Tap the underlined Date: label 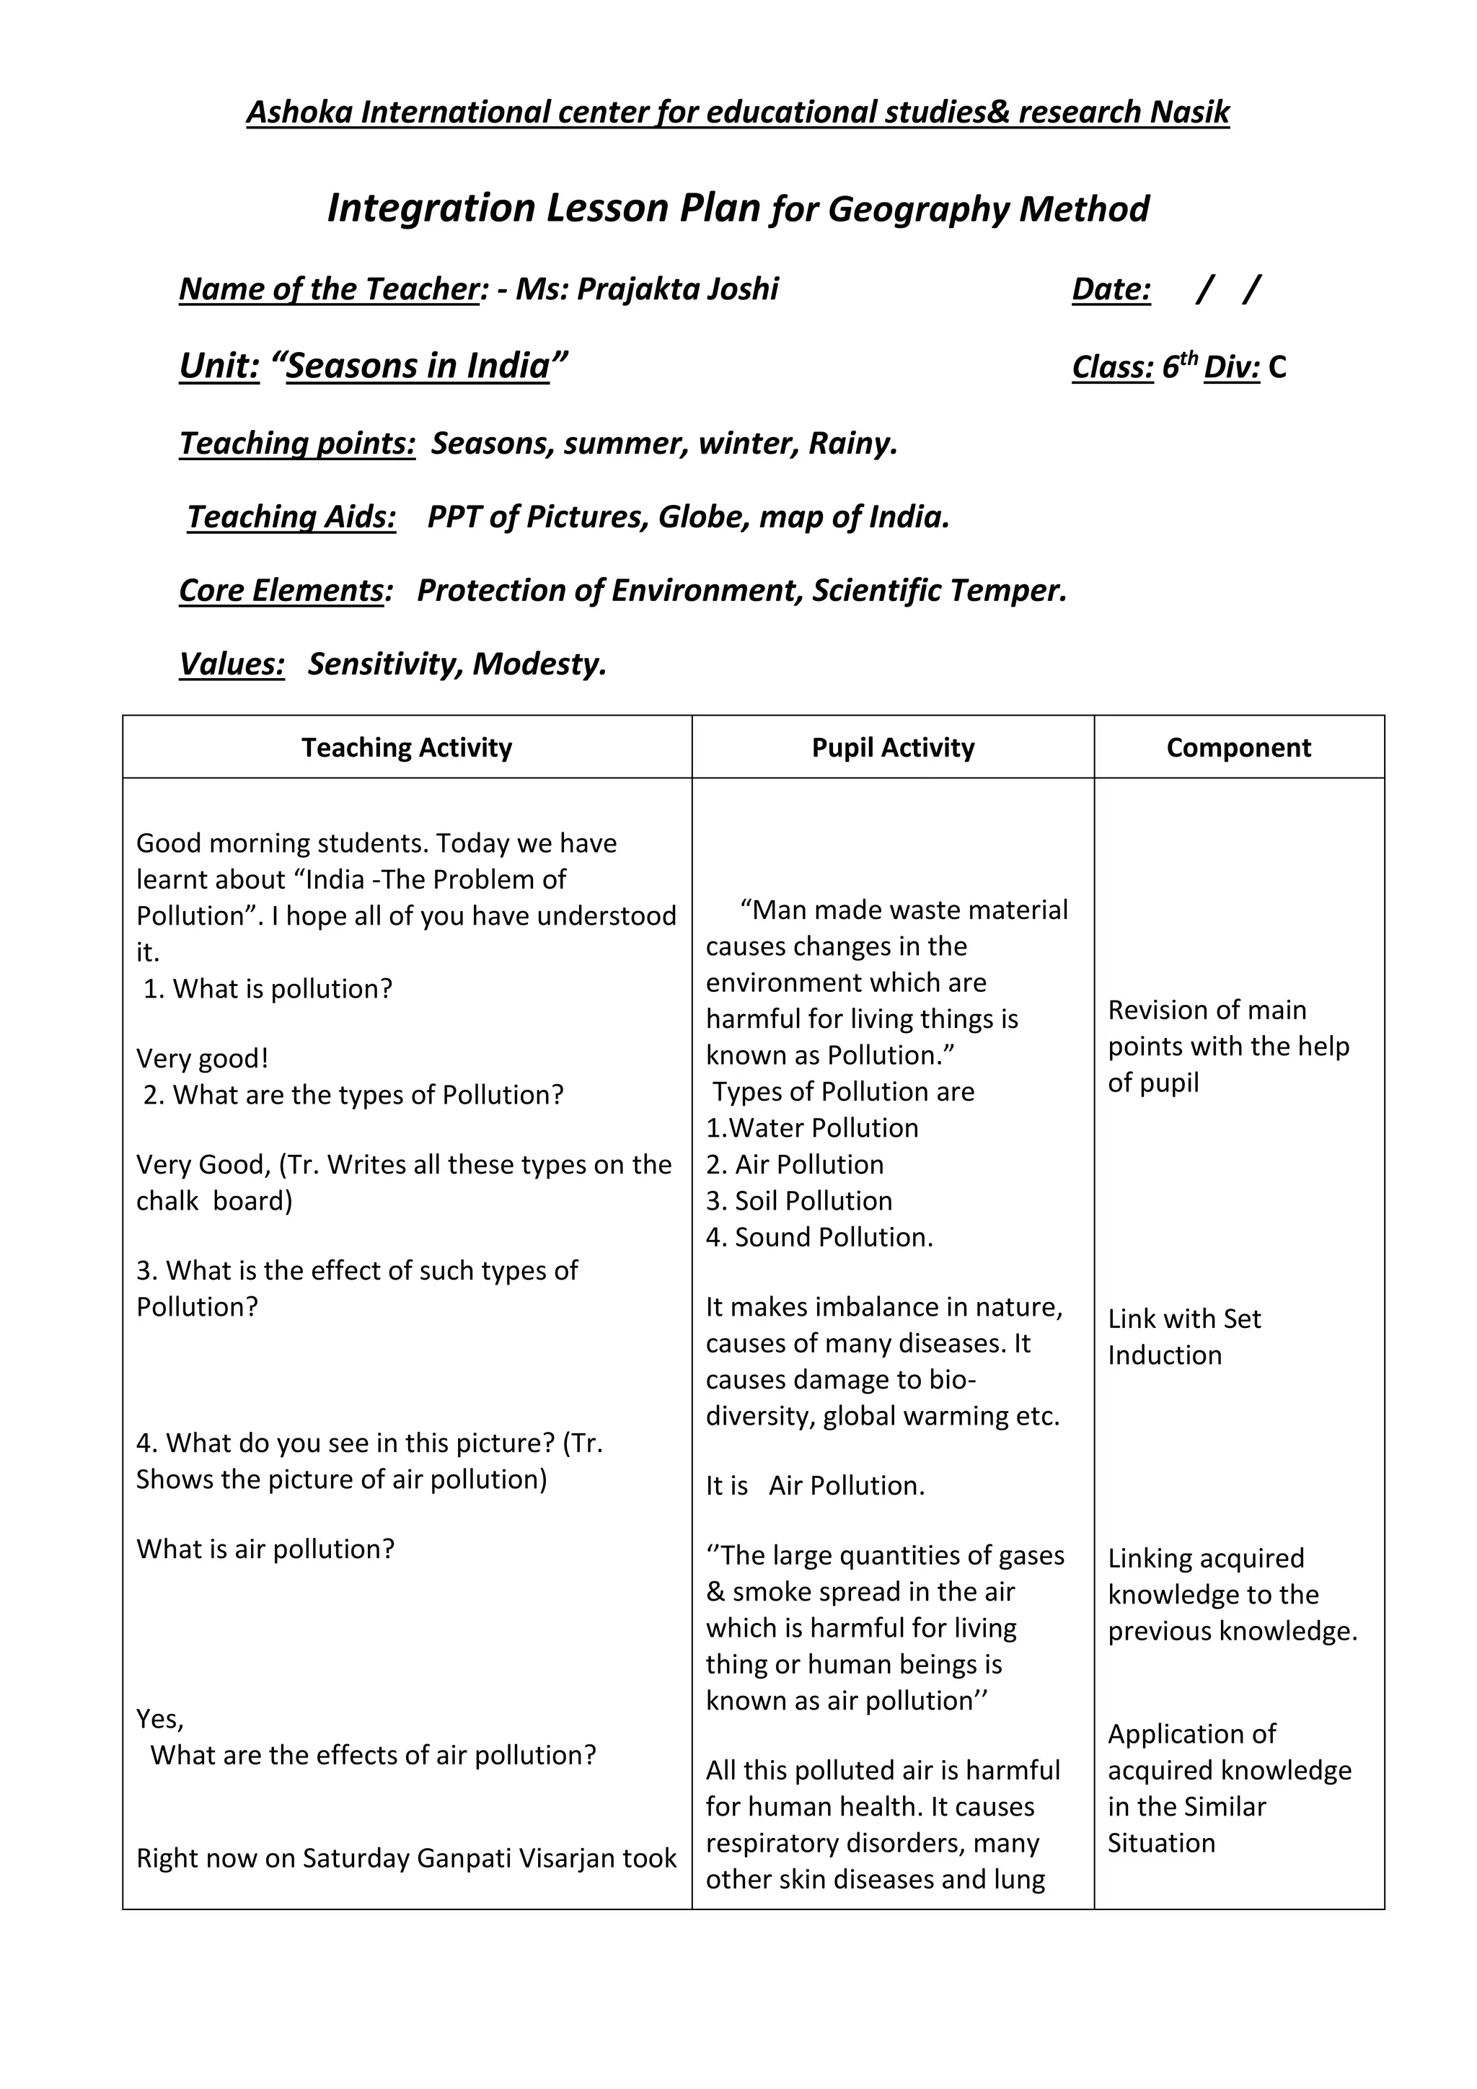tap(1111, 289)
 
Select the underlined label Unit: tap(219, 366)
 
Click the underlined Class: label tap(1112, 366)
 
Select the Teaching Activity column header tap(407, 747)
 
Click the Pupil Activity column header tap(892, 747)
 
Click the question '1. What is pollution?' tap(268, 989)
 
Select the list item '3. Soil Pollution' tap(798, 1201)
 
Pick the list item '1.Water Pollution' tap(811, 1128)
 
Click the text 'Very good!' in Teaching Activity tap(202, 1058)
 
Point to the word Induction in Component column tap(1164, 1355)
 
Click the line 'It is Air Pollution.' tap(815, 1486)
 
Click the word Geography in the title tap(919, 209)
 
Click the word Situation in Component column tap(1160, 1842)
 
